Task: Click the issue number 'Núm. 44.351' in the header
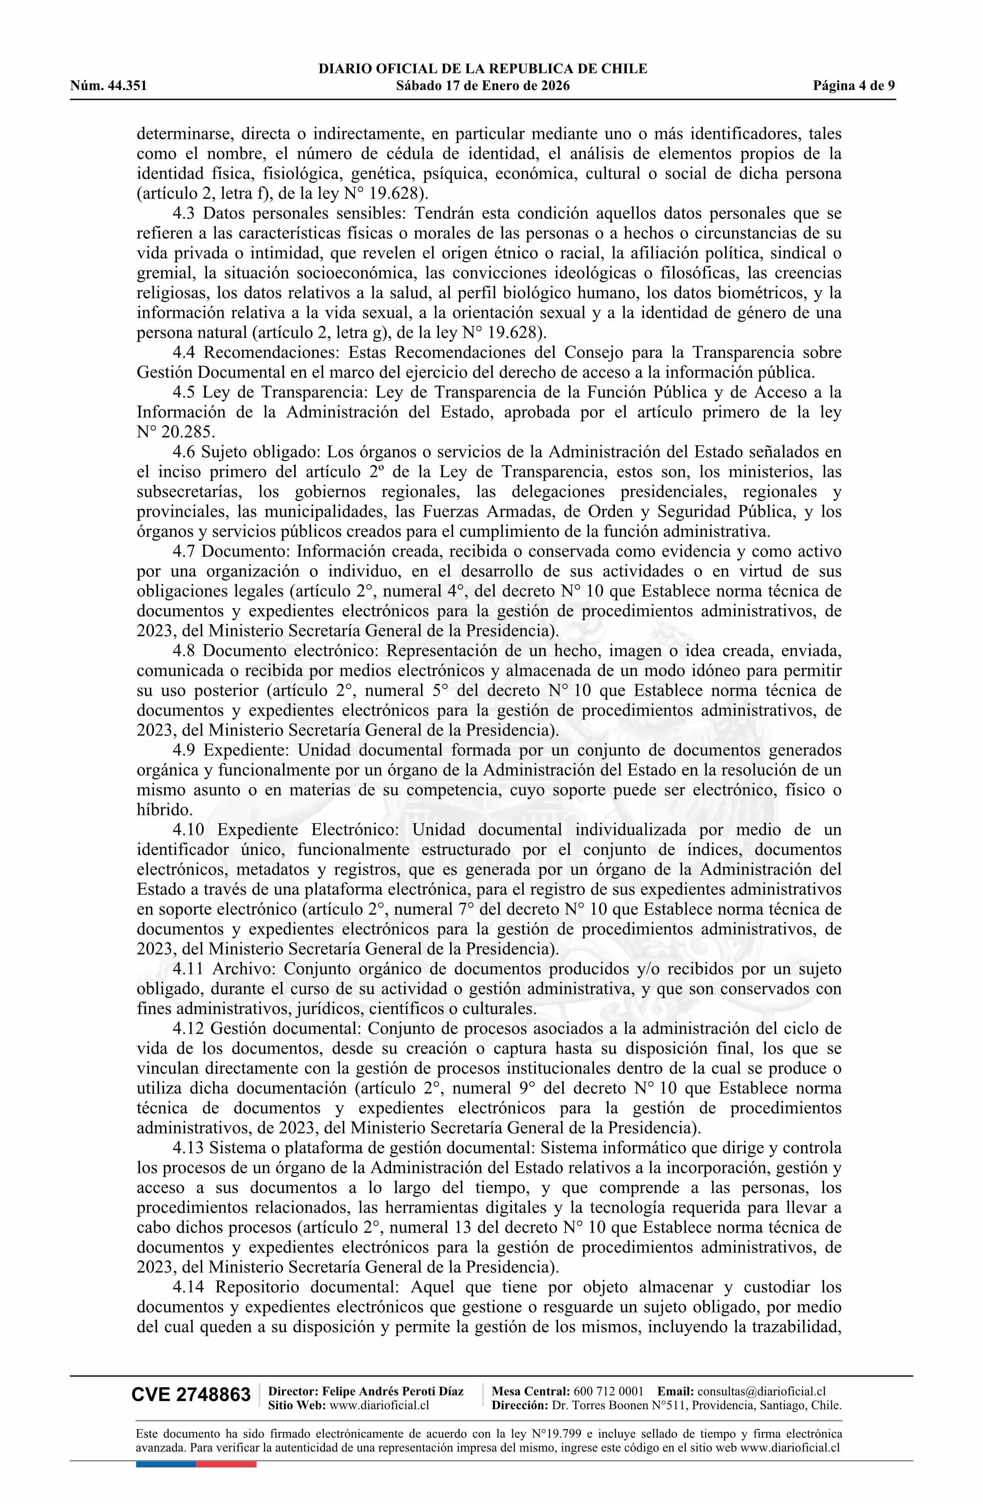(109, 86)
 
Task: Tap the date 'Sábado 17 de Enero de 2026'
(483, 86)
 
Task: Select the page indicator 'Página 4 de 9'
(854, 86)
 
